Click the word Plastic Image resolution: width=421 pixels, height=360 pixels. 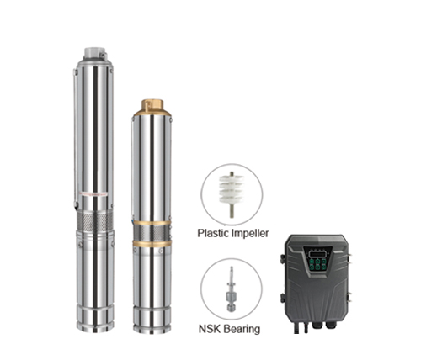click(x=214, y=235)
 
